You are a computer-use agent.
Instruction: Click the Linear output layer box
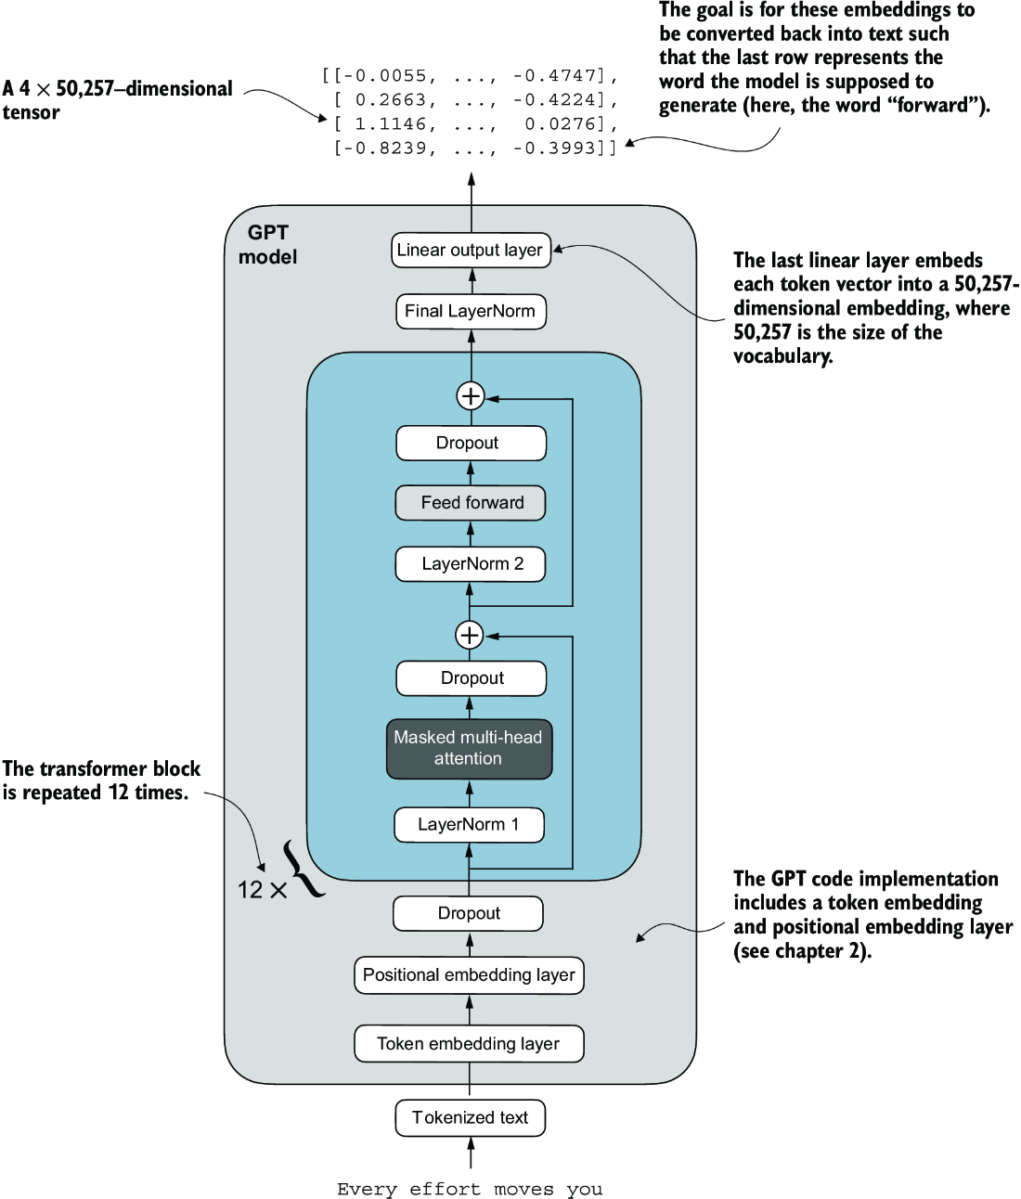[x=471, y=250]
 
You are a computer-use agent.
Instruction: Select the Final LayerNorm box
[x=471, y=311]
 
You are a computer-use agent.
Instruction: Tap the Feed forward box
[x=471, y=503]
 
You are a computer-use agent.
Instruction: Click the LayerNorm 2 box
[x=471, y=564]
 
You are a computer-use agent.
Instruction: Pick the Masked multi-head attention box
[x=469, y=748]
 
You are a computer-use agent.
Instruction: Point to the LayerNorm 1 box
[x=469, y=824]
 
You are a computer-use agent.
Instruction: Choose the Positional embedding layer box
[x=469, y=975]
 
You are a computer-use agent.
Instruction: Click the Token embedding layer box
[x=469, y=1044]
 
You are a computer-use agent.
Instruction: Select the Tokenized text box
[x=470, y=1117]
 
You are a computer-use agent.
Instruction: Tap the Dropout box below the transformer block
[x=469, y=913]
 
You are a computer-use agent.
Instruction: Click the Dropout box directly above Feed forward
[x=471, y=443]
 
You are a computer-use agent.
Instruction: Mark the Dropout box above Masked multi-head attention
[x=471, y=678]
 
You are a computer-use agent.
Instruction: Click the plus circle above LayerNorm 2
[x=470, y=635]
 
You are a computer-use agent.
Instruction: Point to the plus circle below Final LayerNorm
[x=471, y=396]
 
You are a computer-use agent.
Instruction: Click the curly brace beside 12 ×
[x=304, y=869]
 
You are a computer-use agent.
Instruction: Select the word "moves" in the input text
[x=523, y=1189]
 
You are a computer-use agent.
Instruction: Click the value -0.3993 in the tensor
[x=561, y=148]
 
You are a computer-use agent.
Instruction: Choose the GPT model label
[x=267, y=245]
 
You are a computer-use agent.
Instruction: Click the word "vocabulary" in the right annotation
[x=782, y=356]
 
